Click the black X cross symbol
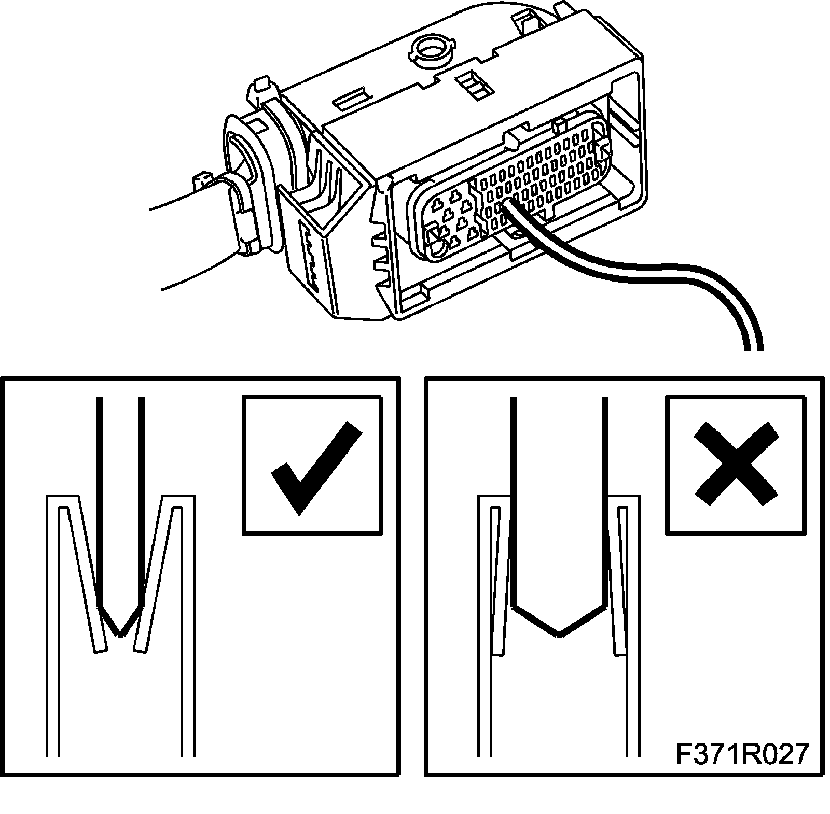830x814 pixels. pos(736,463)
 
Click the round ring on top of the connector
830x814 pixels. pos(431,51)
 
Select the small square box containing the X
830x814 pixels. pos(736,465)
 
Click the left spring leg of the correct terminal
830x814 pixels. pos(83,576)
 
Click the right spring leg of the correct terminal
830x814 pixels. pos(156,576)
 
